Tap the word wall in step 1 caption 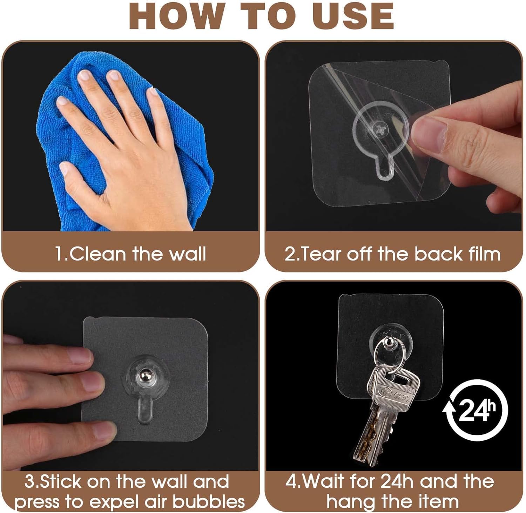(188, 254)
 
